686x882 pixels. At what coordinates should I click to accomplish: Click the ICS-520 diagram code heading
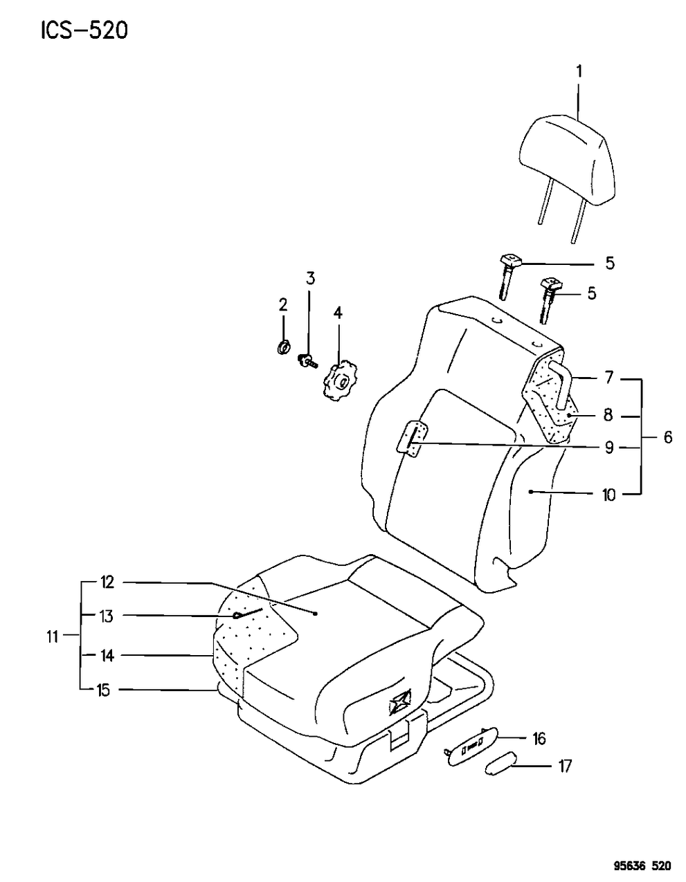tap(84, 31)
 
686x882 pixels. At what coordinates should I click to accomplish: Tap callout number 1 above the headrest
tap(579, 72)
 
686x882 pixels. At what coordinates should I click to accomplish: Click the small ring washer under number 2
tap(285, 347)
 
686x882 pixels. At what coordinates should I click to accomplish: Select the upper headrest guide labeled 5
tap(509, 277)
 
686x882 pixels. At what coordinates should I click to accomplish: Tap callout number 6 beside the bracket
tap(668, 438)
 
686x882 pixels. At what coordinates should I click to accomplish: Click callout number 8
tap(608, 416)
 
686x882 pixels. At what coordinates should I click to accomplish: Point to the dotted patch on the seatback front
tap(413, 439)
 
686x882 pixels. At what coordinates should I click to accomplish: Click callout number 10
tap(609, 495)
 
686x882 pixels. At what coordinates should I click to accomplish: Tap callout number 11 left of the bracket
tap(52, 637)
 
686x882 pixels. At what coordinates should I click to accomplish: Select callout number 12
tap(107, 583)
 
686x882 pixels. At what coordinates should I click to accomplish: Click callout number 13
tap(107, 616)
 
